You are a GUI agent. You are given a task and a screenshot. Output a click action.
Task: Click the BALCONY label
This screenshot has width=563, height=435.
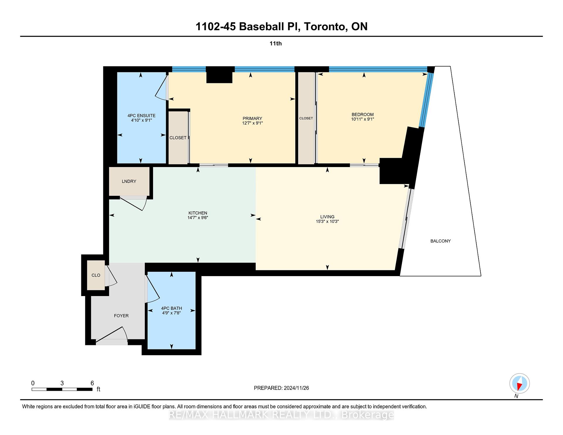(x=440, y=241)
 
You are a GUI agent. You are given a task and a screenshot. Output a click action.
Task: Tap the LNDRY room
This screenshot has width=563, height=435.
(x=129, y=181)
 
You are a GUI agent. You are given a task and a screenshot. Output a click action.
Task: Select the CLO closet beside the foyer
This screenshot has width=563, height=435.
(x=96, y=275)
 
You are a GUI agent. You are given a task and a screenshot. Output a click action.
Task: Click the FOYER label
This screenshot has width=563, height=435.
(x=121, y=316)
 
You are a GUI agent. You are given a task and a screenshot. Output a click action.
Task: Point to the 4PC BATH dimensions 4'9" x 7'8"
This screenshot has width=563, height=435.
(x=172, y=313)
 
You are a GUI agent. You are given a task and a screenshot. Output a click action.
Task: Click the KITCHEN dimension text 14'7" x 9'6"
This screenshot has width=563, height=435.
(x=198, y=218)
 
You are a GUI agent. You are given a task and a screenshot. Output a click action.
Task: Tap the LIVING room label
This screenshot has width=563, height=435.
(x=327, y=217)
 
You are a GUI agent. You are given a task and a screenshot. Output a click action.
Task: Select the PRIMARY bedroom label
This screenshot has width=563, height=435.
(x=252, y=119)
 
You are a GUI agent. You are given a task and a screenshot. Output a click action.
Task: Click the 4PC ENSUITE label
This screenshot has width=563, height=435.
(x=141, y=115)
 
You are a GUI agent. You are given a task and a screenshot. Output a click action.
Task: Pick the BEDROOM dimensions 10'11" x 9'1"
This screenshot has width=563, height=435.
(x=363, y=119)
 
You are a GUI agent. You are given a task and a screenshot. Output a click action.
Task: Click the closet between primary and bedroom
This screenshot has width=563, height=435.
(x=306, y=118)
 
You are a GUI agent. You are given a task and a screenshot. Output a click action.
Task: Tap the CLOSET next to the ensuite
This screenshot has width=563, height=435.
(x=178, y=138)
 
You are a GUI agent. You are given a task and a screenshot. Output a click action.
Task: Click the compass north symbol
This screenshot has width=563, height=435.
(x=519, y=383)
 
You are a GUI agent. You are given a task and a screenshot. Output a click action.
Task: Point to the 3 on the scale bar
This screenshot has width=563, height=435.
(x=62, y=383)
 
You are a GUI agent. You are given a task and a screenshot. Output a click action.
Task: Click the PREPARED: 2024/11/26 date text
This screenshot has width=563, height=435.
(x=281, y=388)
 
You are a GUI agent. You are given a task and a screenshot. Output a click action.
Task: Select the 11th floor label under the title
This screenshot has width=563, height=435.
(x=276, y=43)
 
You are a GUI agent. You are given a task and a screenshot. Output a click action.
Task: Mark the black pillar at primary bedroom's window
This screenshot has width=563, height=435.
(x=220, y=75)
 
